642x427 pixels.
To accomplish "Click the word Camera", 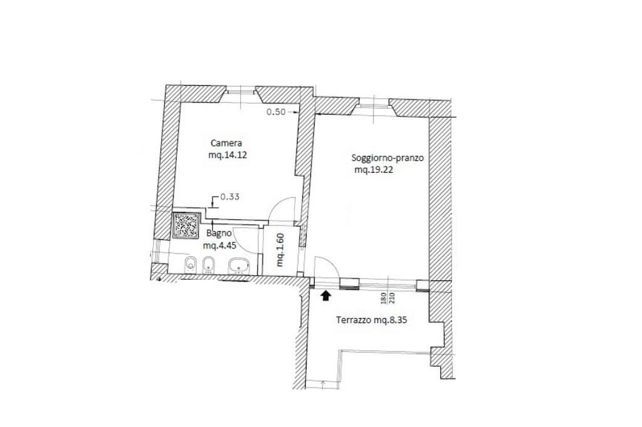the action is (x=226, y=143).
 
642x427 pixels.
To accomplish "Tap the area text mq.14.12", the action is (x=228, y=155).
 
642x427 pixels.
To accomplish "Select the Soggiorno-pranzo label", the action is (x=387, y=158).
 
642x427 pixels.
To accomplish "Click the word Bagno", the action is (x=219, y=234).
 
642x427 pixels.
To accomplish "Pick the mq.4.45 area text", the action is (x=220, y=245).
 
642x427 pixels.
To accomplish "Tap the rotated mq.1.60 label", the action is (x=280, y=249).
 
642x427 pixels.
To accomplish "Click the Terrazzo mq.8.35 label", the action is (x=372, y=321).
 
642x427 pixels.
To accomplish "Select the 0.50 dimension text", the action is (x=276, y=111).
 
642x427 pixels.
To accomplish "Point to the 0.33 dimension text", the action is (x=230, y=197).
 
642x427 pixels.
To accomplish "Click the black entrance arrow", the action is (x=326, y=296).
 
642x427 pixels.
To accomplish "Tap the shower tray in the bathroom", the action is (x=187, y=225).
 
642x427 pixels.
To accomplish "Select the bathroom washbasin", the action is (x=238, y=266).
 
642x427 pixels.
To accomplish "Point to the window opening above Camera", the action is (x=241, y=91).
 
